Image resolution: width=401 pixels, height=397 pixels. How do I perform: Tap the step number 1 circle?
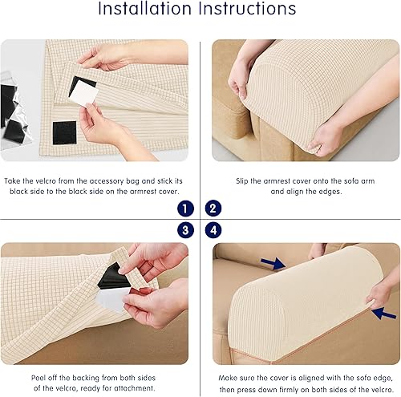tap(186, 208)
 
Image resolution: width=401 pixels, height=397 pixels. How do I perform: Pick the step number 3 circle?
tap(186, 229)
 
